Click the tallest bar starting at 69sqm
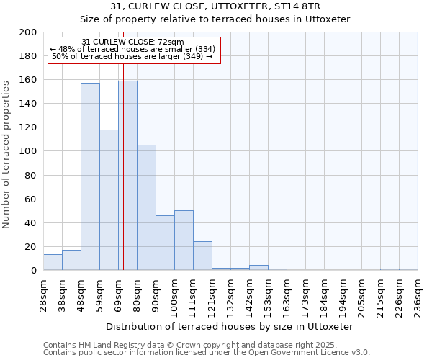[x=127, y=176]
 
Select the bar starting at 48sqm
[x=90, y=176]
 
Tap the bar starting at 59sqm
[x=109, y=200]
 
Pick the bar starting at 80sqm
[x=146, y=207]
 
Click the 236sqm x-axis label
[x=418, y=294]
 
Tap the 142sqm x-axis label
[x=250, y=294]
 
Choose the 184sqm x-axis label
[x=325, y=294]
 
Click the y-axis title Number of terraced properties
[x=6, y=154]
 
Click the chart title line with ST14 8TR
[x=215, y=6]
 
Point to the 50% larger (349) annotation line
[x=132, y=56]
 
